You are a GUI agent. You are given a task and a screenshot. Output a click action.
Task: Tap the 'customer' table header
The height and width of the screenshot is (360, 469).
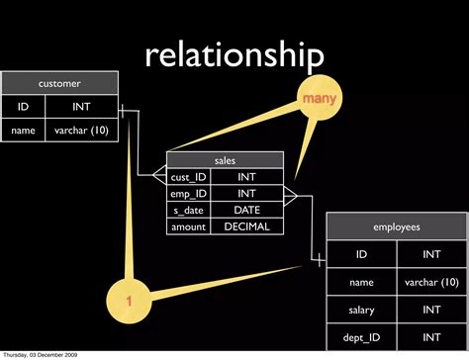[x=59, y=83]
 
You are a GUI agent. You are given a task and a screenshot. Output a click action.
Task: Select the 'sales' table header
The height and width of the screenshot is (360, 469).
[x=226, y=160]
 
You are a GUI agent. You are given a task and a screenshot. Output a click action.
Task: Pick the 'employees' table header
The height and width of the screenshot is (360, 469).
[x=397, y=226]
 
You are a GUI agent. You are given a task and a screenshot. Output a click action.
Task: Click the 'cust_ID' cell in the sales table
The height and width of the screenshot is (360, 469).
[x=188, y=177]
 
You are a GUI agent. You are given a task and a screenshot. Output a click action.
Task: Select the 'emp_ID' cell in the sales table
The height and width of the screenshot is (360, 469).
[x=188, y=193]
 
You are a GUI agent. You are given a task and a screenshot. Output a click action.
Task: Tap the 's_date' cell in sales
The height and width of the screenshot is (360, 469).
[x=188, y=210]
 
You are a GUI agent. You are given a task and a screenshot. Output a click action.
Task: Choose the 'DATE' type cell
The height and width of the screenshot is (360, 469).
[x=246, y=210]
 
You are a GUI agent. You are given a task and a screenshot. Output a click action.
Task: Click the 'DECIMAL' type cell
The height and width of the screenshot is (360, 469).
[x=246, y=226]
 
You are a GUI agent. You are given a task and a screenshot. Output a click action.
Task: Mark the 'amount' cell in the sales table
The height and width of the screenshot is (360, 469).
[x=188, y=226]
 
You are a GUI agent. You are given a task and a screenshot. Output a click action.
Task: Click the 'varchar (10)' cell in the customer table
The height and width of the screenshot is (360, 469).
[x=81, y=130]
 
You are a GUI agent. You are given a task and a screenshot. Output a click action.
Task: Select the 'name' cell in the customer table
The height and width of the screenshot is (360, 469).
[x=23, y=130]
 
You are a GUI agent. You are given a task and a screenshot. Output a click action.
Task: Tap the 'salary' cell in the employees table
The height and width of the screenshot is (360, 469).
[x=361, y=310]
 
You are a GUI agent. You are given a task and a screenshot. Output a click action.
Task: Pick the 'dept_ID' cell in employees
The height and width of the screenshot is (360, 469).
[x=361, y=337]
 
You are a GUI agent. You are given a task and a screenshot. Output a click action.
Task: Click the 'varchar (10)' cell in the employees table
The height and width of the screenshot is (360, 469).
[x=432, y=282]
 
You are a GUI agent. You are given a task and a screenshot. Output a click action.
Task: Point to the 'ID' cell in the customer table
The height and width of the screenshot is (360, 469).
[x=23, y=106]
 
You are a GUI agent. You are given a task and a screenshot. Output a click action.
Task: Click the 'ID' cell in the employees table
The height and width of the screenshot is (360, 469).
[x=361, y=254]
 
